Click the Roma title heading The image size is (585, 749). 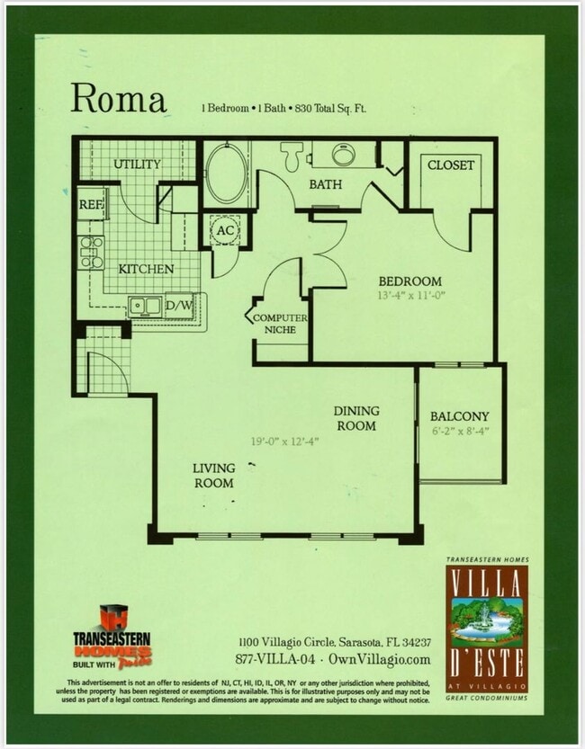click(x=119, y=97)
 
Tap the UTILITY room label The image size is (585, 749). click(x=137, y=164)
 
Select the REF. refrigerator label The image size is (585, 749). click(x=90, y=205)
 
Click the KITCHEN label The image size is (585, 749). click(x=146, y=269)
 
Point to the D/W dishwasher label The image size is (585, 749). click(x=178, y=307)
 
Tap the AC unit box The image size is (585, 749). click(x=224, y=230)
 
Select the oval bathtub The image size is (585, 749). click(x=226, y=172)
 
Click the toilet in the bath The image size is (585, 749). click(x=291, y=156)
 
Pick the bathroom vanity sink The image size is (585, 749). click(x=343, y=155)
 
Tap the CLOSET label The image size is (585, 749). click(x=450, y=165)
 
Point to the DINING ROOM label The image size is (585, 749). click(x=356, y=418)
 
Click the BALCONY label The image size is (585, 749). click(x=459, y=416)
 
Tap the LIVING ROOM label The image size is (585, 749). click(x=213, y=476)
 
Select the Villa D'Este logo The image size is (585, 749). click(x=487, y=629)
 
